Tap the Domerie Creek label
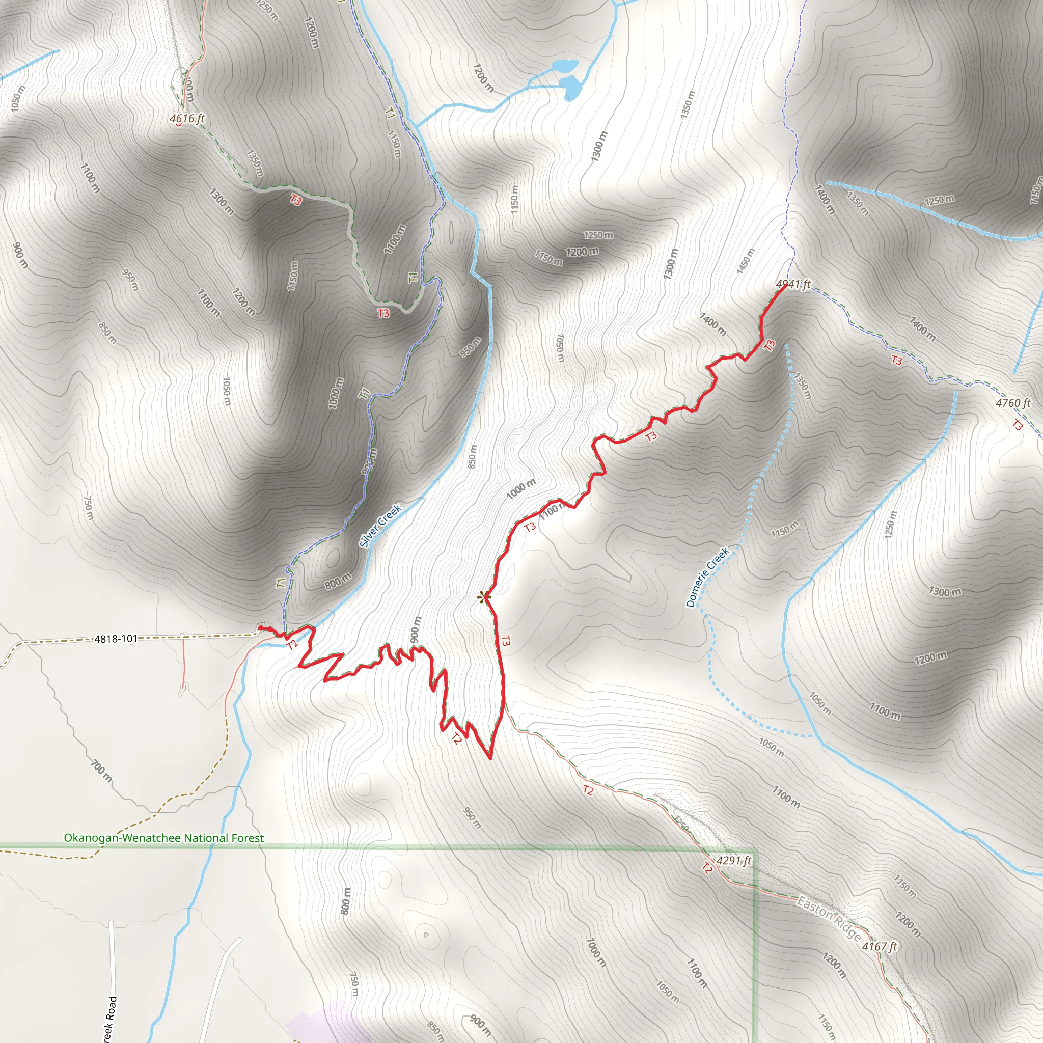(x=708, y=577)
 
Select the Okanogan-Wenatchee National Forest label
(x=163, y=838)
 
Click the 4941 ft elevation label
(x=793, y=284)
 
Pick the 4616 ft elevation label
(x=187, y=118)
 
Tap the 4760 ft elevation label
(x=1013, y=403)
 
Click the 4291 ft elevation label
(x=734, y=861)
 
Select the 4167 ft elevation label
(x=880, y=946)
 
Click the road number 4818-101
(x=116, y=639)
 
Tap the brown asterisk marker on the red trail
(x=484, y=596)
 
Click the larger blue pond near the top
(x=570, y=87)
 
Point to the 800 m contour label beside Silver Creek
(x=338, y=582)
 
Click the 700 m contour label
(x=101, y=771)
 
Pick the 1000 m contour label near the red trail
(x=521, y=488)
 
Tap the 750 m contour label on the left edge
(x=88, y=509)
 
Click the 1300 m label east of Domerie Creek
(x=945, y=592)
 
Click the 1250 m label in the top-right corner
(x=939, y=200)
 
